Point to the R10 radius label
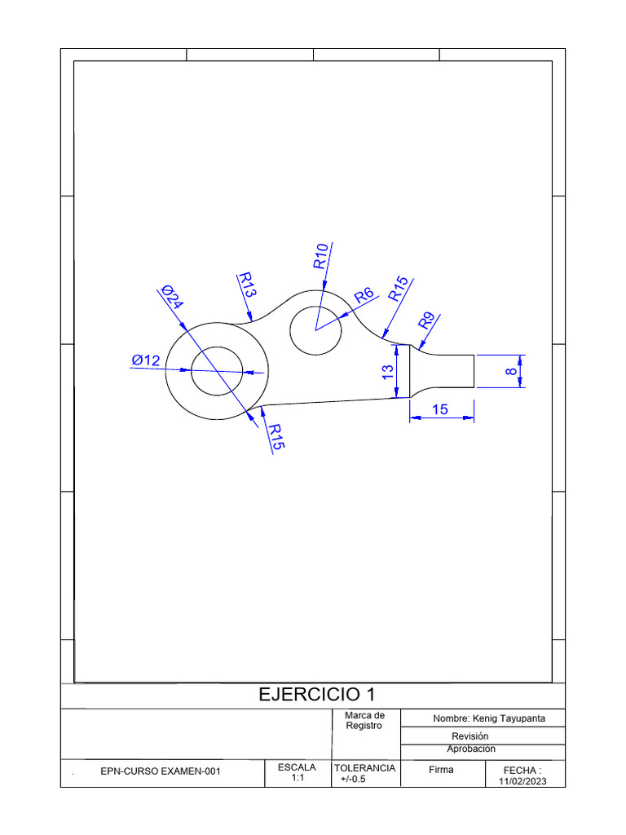(x=320, y=256)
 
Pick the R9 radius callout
(x=427, y=320)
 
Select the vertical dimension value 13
(x=388, y=371)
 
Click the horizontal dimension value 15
(x=440, y=410)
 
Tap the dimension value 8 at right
(x=511, y=372)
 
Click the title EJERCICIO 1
(x=317, y=695)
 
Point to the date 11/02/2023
(x=522, y=781)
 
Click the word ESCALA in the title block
(x=297, y=768)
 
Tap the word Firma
(x=441, y=769)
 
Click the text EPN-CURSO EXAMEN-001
(x=160, y=771)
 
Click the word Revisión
(x=469, y=736)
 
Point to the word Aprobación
(x=471, y=749)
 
